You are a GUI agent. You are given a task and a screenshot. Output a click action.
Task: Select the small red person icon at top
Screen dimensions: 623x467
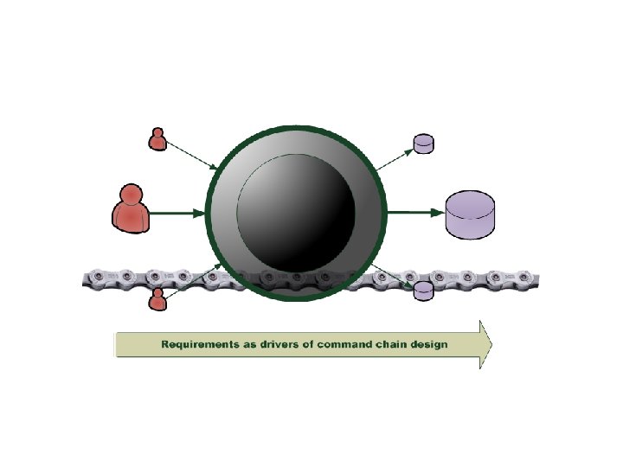pyautogui.click(x=157, y=139)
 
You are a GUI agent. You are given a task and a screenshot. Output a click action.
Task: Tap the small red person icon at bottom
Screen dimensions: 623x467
pyautogui.click(x=157, y=299)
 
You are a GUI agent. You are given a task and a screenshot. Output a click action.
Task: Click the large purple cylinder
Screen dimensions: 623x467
pyautogui.click(x=470, y=215)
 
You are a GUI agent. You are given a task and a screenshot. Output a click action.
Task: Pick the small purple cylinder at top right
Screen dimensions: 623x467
pyautogui.click(x=423, y=144)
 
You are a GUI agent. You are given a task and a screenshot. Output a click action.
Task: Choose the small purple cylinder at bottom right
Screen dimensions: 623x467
pyautogui.click(x=423, y=291)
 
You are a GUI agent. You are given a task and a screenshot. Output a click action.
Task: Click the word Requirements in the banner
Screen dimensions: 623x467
pyautogui.click(x=199, y=345)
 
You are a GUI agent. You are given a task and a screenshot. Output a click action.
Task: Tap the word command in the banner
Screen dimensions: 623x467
pyautogui.click(x=339, y=345)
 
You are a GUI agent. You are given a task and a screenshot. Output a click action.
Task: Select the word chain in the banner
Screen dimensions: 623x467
pyautogui.click(x=389, y=345)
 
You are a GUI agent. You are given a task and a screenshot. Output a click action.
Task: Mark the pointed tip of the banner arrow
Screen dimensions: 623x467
pyautogui.click(x=491, y=345)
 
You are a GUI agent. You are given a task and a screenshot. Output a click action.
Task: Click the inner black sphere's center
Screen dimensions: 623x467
pyautogui.click(x=296, y=211)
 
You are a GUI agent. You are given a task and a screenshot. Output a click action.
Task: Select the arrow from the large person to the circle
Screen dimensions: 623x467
pyautogui.click(x=177, y=212)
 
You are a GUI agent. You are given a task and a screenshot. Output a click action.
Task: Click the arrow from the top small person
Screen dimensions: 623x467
pyautogui.click(x=192, y=157)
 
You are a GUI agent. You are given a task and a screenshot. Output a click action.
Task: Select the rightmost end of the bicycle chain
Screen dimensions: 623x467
pyautogui.click(x=542, y=278)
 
